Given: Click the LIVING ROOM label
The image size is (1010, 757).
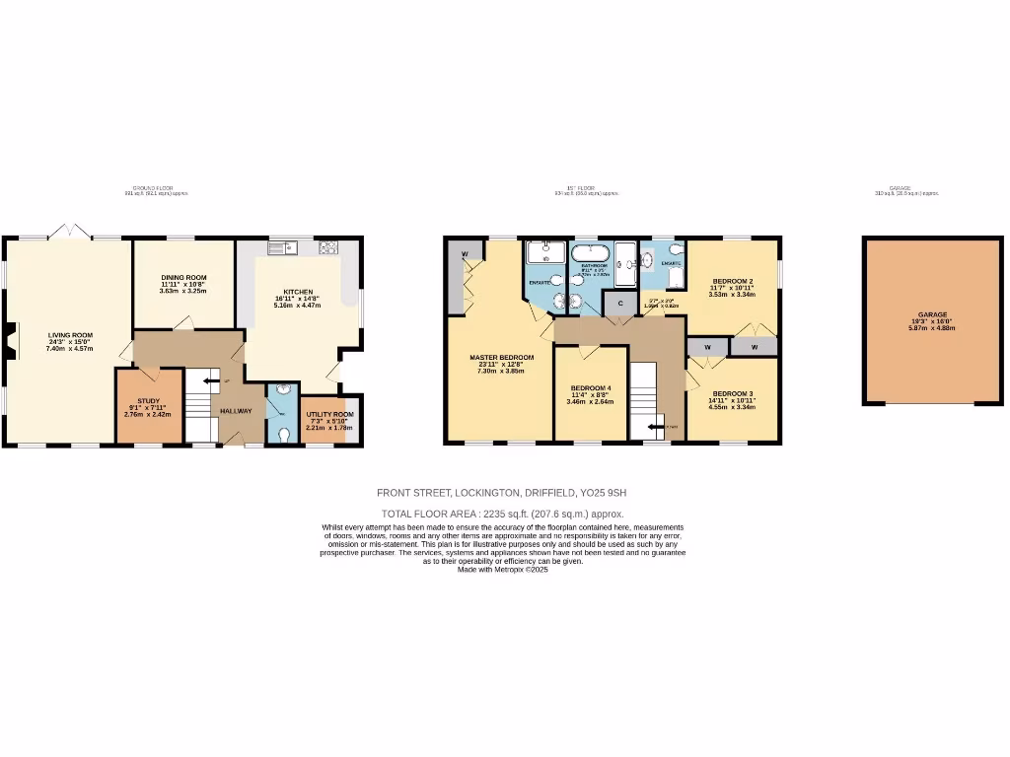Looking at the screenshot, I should [x=70, y=335].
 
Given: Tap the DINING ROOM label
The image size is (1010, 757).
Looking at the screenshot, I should [x=182, y=278].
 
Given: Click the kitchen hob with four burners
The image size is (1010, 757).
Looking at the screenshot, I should [x=327, y=246].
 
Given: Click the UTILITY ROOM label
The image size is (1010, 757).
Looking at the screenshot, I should [x=329, y=414].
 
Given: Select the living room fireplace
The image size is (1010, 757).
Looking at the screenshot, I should [x=9, y=339].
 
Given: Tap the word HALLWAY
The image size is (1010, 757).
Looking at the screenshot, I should [x=236, y=411].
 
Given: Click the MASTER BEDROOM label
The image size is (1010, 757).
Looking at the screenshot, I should [x=501, y=357].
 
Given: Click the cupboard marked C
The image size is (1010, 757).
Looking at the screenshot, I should [x=619, y=304].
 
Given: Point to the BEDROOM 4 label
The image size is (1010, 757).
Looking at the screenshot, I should [x=591, y=388].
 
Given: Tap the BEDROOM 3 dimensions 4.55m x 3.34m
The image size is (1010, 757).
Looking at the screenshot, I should [x=731, y=406].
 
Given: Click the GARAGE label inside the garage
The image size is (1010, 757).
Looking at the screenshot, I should [x=932, y=314].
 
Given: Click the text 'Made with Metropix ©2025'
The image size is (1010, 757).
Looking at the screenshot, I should [x=502, y=569].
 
